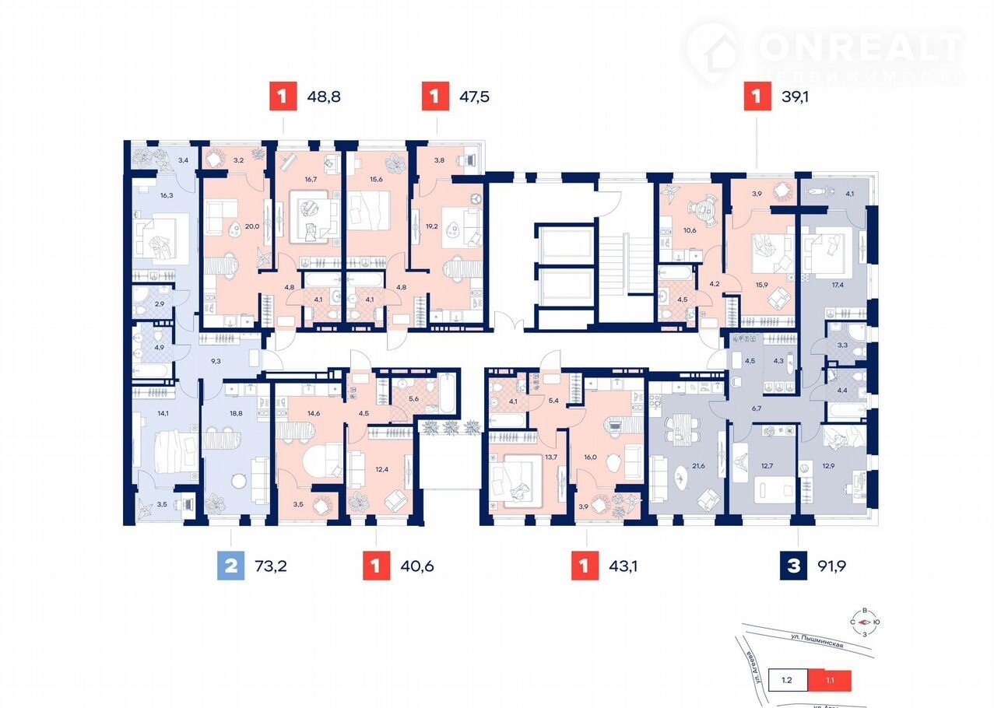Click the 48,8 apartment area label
pyautogui.click(x=325, y=97)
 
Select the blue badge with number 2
pyautogui.click(x=230, y=566)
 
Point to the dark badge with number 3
pyautogui.click(x=794, y=566)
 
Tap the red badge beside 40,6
pyautogui.click(x=376, y=566)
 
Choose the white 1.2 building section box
pyautogui.click(x=787, y=679)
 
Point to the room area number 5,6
pyautogui.click(x=414, y=398)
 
